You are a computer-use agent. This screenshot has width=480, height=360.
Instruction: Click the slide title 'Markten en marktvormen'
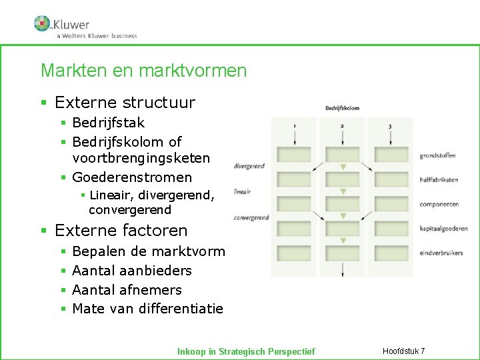click(143, 71)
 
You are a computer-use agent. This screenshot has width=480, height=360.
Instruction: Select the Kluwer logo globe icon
click(42, 23)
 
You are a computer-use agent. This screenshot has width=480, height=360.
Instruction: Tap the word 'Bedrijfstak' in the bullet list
click(108, 123)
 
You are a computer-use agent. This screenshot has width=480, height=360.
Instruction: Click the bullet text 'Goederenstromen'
click(132, 177)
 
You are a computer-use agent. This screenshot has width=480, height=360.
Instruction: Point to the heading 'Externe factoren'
click(121, 231)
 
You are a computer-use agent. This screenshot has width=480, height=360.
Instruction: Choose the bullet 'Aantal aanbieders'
click(132, 271)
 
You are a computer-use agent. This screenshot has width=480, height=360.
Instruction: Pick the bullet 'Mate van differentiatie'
click(147, 309)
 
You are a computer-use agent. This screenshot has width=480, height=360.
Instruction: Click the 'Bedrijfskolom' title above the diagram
click(342, 108)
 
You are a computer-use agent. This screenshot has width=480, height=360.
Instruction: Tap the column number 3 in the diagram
click(389, 127)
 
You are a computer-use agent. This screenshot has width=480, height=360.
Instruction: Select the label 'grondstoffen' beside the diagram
click(437, 156)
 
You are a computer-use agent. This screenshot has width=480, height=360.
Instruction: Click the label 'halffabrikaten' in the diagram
click(439, 180)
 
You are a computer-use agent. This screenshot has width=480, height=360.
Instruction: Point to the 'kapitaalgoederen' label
click(443, 229)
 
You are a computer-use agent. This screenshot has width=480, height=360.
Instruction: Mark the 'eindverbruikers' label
click(441, 253)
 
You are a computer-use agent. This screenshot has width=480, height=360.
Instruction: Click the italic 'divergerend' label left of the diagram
click(249, 167)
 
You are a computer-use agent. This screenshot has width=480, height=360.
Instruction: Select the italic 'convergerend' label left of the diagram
click(251, 217)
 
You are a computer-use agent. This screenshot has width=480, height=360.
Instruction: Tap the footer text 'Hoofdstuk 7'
click(404, 351)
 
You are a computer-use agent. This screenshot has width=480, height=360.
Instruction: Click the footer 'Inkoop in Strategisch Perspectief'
click(246, 351)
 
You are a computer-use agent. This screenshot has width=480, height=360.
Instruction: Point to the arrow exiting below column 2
click(342, 269)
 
